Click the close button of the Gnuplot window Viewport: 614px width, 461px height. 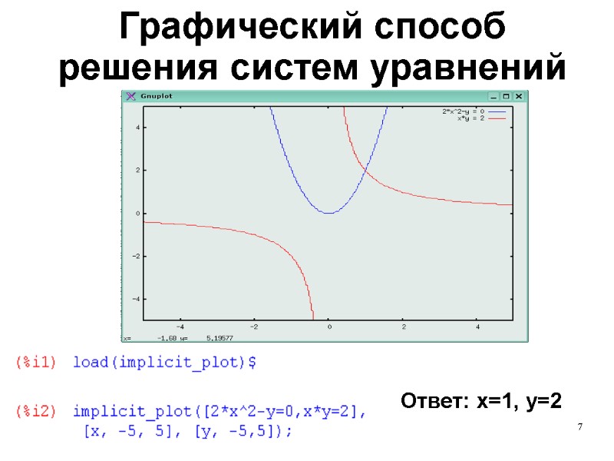click(x=519, y=96)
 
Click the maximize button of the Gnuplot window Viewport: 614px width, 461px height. click(x=507, y=96)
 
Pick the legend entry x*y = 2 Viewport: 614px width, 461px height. click(x=469, y=118)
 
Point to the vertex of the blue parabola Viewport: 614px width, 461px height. click(x=328, y=213)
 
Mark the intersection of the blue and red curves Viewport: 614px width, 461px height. click(x=365, y=170)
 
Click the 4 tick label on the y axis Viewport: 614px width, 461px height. click(x=137, y=128)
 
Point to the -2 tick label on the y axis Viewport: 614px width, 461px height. click(x=136, y=255)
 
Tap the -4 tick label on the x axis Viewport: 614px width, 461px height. click(x=180, y=327)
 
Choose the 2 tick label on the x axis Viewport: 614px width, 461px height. click(x=403, y=327)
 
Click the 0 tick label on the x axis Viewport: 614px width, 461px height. click(x=329, y=327)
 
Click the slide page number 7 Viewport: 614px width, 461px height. click(x=580, y=426)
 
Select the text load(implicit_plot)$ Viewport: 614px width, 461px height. click(x=164, y=363)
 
